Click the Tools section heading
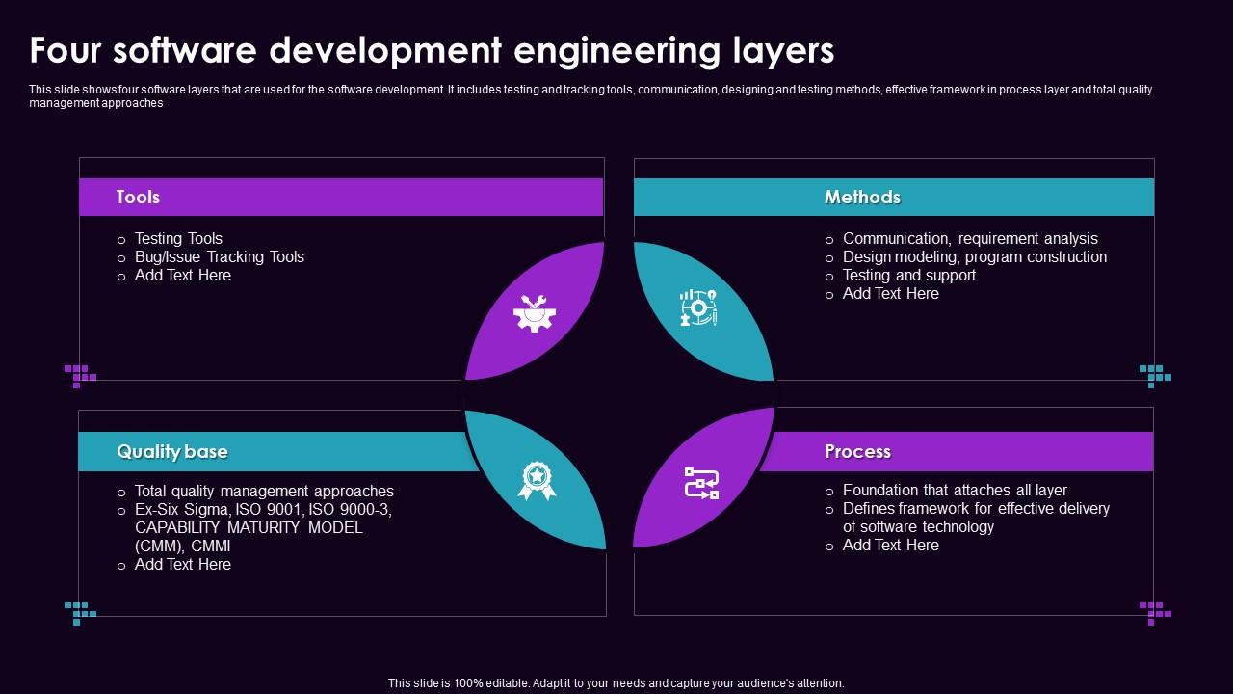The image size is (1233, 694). coord(138,197)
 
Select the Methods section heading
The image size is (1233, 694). coord(862,197)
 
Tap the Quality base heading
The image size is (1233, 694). coord(172,451)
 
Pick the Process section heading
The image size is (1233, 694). coord(857,451)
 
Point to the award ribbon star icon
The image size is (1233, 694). coord(537,480)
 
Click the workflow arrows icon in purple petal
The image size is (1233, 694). coord(701,483)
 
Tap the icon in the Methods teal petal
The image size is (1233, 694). coord(698,307)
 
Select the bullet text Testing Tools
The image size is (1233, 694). coord(178,238)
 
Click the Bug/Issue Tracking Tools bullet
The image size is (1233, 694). coord(219,256)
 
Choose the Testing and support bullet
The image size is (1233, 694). coord(908,275)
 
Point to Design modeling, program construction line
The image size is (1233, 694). coord(974,256)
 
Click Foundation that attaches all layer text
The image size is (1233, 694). coord(955,490)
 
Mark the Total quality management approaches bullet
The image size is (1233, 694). coord(264,491)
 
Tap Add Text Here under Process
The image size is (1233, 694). coord(890,545)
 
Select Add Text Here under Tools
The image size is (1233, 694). coord(182,275)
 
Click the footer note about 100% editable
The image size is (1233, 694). coord(616,682)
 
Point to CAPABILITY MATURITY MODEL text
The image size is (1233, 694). coord(249,527)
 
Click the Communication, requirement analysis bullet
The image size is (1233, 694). coord(970,238)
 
